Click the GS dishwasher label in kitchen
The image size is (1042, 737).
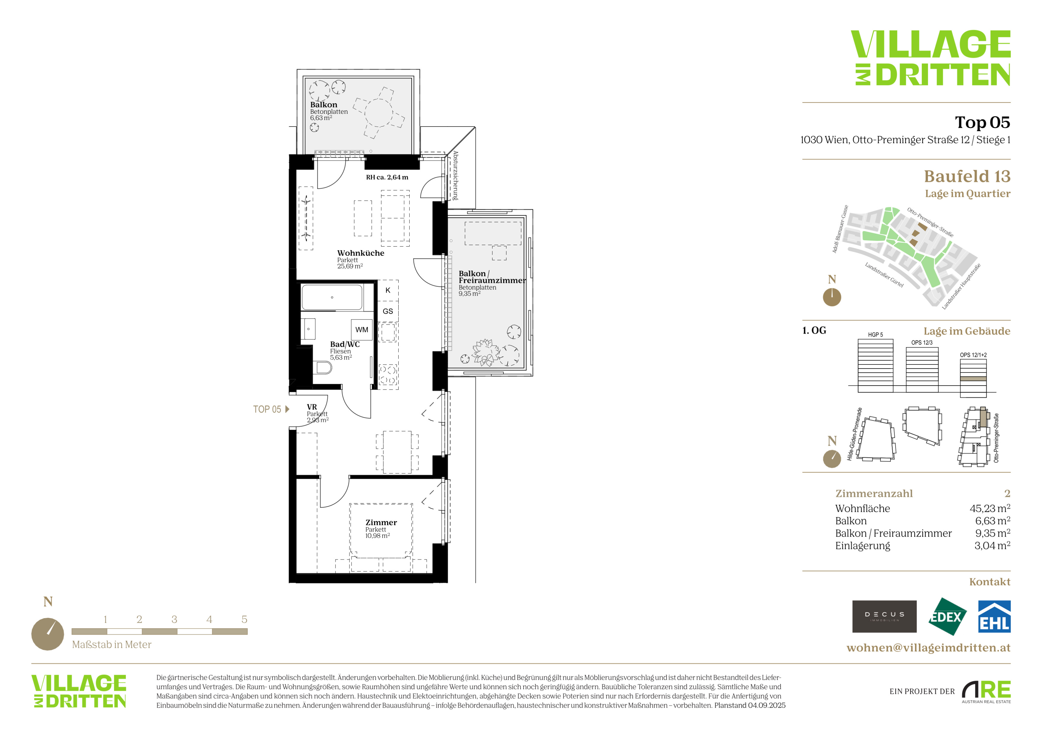click(x=388, y=311)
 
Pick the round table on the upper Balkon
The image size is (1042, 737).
click(x=378, y=113)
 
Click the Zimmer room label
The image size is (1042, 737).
click(x=381, y=522)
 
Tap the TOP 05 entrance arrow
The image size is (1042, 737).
click(x=287, y=409)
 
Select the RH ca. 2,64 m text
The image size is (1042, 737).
click(x=387, y=177)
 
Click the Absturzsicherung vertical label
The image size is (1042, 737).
click(x=455, y=176)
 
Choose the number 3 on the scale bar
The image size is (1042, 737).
click(x=174, y=619)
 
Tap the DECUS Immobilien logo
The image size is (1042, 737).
click(x=884, y=616)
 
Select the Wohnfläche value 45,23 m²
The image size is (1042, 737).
click(x=990, y=508)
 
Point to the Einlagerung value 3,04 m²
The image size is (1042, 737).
click(x=992, y=546)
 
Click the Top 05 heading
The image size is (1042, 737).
click(x=982, y=122)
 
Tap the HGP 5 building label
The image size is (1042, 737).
click(x=876, y=335)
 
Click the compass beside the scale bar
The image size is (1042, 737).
click(x=48, y=634)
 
